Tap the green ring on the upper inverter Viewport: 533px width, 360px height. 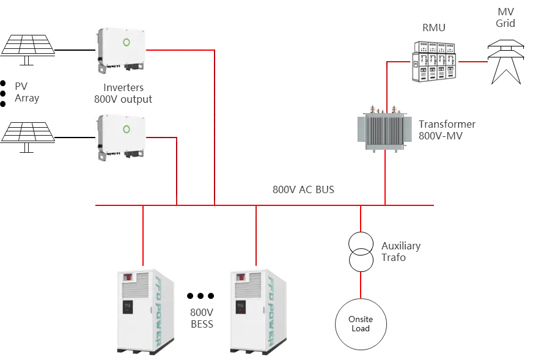tap(127, 42)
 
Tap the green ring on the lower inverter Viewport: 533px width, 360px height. tap(127, 129)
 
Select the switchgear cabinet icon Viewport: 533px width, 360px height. tap(432, 61)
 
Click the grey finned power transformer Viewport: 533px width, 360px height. tap(385, 130)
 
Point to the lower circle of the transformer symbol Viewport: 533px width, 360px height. tap(361, 262)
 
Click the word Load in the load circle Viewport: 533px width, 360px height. tap(361, 329)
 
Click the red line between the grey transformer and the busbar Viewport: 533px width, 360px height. tap(385, 177)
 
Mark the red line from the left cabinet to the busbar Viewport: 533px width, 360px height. tap(142, 238)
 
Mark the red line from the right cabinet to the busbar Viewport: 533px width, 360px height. tap(257, 238)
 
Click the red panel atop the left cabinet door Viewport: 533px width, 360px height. tap(129, 278)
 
